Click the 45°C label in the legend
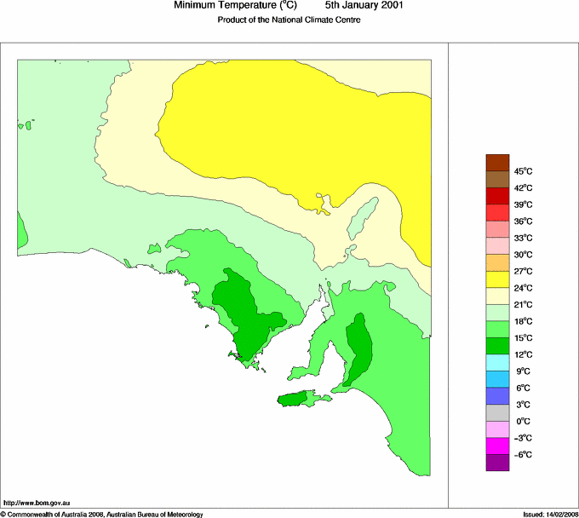523,171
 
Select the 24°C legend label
523,288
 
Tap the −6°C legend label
523,455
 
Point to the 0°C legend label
523,422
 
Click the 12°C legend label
523,354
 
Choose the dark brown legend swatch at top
497,162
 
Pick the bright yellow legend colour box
497,279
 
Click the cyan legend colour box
497,362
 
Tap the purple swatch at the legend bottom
497,463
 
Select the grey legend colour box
497,412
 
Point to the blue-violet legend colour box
497,395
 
